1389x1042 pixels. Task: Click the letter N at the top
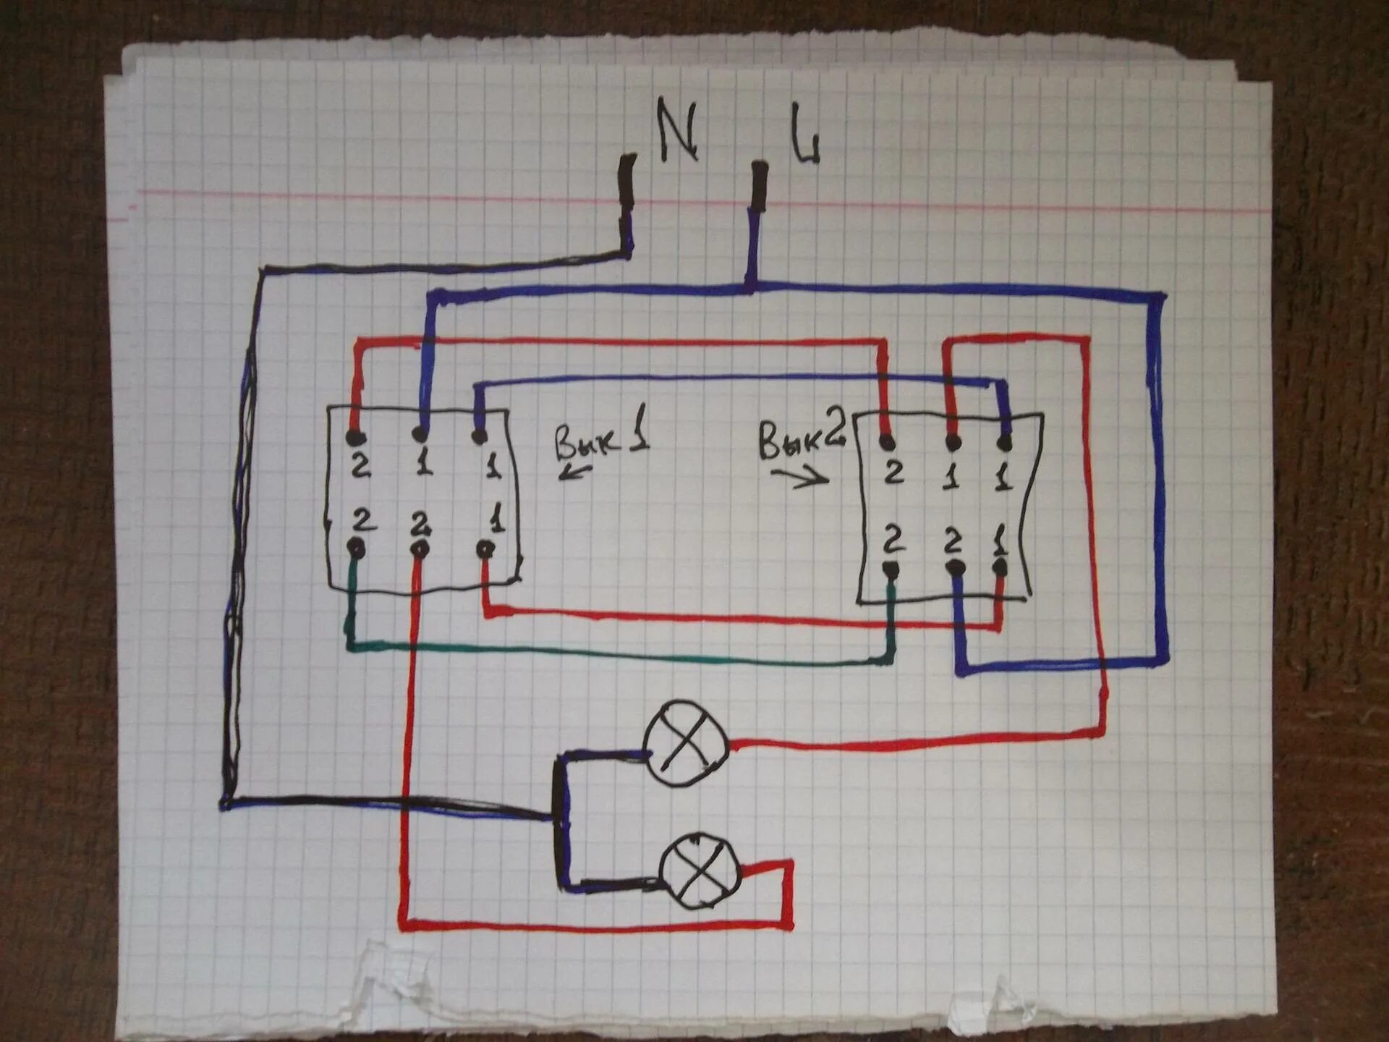click(x=677, y=131)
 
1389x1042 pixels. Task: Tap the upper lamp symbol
click(x=685, y=743)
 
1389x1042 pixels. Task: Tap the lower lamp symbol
click(x=700, y=871)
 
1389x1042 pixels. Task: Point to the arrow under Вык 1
click(x=576, y=473)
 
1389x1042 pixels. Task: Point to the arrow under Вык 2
click(x=799, y=476)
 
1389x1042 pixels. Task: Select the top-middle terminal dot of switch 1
click(x=420, y=434)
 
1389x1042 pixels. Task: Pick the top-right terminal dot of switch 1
click(x=479, y=436)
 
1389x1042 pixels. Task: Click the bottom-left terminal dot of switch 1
click(x=357, y=548)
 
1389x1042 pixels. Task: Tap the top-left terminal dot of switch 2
click(x=888, y=442)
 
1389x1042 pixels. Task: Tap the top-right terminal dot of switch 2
click(x=1004, y=443)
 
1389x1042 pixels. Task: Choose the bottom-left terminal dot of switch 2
click(x=891, y=569)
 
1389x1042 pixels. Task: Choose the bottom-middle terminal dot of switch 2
click(x=956, y=569)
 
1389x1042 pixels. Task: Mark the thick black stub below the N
click(x=627, y=181)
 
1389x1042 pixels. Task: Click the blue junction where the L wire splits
click(x=751, y=287)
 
